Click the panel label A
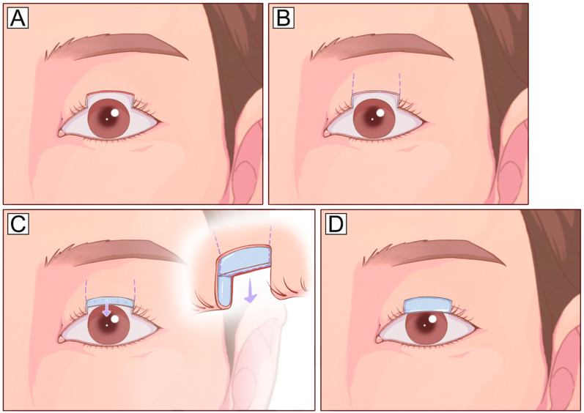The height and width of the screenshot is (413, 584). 18,18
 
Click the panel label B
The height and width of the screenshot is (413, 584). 284,18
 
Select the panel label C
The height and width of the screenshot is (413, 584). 18,224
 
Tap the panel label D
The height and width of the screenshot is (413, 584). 336,224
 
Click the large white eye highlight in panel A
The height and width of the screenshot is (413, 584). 115,112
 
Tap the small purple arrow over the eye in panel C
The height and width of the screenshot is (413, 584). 106,309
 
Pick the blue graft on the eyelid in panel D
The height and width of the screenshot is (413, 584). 428,305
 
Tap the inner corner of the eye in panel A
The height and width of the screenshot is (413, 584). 60,133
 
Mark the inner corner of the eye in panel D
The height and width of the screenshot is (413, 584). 378,338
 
